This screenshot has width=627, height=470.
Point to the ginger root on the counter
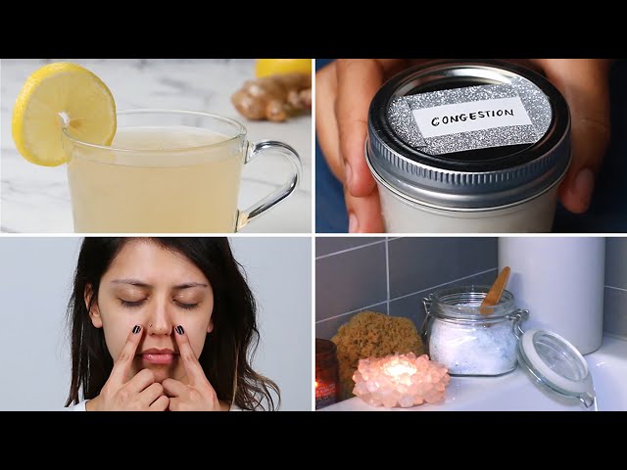pyautogui.click(x=272, y=98)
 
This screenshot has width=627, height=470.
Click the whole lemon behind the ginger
pyautogui.click(x=283, y=68)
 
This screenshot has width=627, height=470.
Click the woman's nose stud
pyautogui.click(x=151, y=326)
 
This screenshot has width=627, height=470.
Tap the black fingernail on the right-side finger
pyautogui.click(x=180, y=330)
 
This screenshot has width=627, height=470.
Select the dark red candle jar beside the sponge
pyautogui.click(x=326, y=373)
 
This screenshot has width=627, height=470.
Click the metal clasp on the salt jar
pyautogui.click(x=521, y=320)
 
